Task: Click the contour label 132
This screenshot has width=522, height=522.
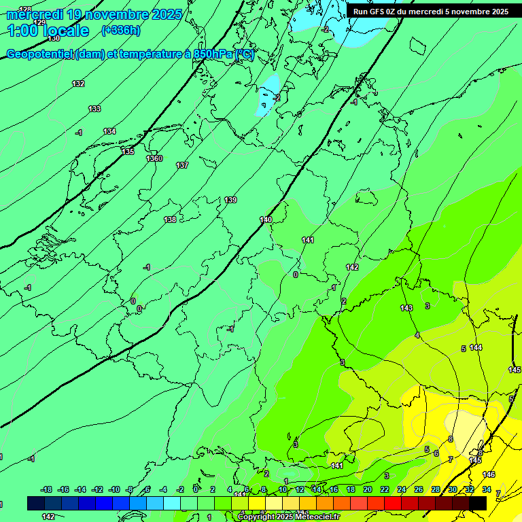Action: click(78, 84)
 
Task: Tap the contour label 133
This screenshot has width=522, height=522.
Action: click(94, 109)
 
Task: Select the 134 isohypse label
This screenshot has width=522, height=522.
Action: click(109, 131)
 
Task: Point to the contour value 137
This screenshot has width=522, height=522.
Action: click(182, 165)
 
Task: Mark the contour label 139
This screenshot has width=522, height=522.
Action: click(231, 200)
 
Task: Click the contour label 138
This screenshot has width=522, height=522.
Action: click(170, 220)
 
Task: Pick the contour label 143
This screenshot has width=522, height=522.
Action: click(406, 308)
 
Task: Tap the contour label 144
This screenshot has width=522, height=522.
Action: click(476, 347)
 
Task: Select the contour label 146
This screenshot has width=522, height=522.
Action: click(489, 474)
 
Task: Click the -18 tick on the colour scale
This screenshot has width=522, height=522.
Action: click(47, 489)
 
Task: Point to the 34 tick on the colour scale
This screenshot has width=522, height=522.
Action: click(487, 489)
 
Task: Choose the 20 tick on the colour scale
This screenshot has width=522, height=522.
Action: click(367, 489)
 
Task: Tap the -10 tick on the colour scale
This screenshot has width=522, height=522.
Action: click(114, 489)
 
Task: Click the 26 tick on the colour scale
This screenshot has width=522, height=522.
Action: click(418, 489)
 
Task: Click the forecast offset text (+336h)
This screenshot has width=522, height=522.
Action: click(121, 30)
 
